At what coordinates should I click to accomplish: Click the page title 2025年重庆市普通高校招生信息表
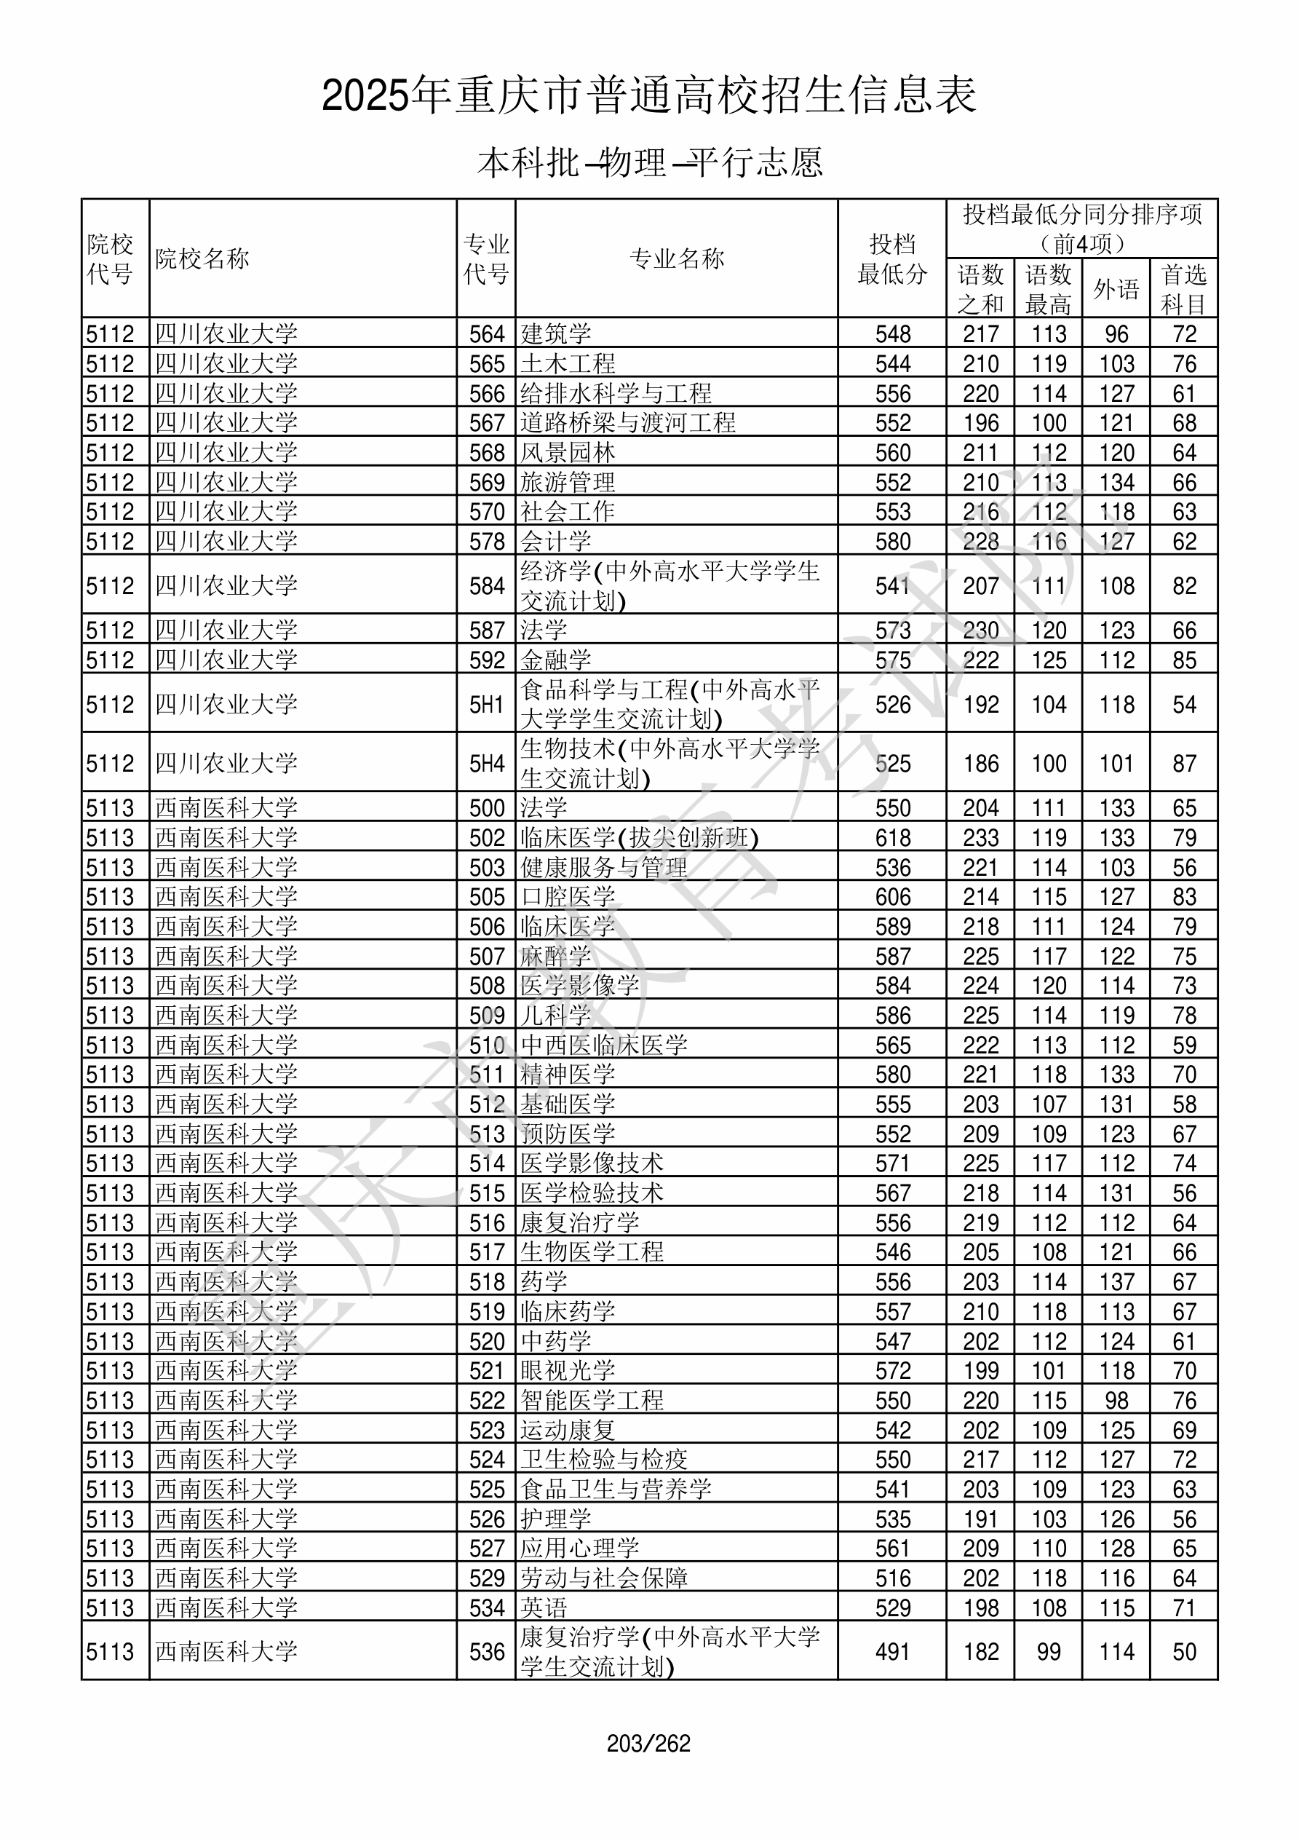[648, 96]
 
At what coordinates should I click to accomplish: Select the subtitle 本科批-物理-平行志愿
[649, 162]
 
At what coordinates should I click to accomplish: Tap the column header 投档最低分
[891, 258]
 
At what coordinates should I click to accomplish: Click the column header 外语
[1116, 288]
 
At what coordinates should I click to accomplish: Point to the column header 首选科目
[1184, 288]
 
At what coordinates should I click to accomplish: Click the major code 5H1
[486, 704]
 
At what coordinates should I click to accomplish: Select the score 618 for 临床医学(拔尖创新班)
[892, 838]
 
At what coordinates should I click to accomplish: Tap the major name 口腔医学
[568, 897]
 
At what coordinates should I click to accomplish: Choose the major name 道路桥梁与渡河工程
[628, 422]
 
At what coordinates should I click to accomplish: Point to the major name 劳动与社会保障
[604, 1577]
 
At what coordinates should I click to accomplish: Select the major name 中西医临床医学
[604, 1045]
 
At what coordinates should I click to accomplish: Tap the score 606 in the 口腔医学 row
[892, 897]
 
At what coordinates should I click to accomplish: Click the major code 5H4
[486, 763]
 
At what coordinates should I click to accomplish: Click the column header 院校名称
[202, 258]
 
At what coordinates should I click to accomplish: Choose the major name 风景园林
[568, 453]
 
